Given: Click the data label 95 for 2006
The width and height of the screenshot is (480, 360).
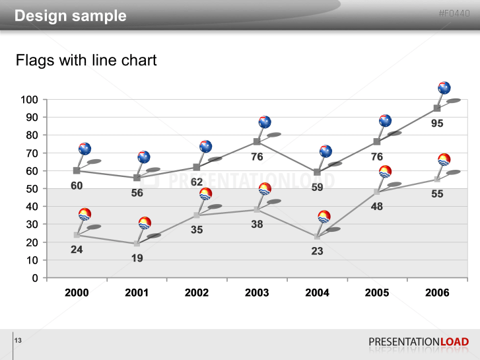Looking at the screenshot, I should (437, 124).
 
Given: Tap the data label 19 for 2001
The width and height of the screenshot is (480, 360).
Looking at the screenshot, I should (137, 258).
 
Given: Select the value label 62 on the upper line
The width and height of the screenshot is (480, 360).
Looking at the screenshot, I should (197, 182).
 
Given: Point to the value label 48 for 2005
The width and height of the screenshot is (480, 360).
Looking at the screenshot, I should (377, 207).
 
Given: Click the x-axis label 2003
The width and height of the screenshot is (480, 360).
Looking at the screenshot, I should (257, 293).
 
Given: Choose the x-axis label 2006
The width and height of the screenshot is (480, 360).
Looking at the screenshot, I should (437, 293).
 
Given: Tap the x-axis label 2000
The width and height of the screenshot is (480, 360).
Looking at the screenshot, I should (77, 293).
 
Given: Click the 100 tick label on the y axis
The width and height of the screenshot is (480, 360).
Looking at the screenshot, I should (30, 100).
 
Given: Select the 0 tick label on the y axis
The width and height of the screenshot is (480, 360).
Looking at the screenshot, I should (35, 278).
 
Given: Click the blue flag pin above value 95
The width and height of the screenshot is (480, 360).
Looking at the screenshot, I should (444, 88).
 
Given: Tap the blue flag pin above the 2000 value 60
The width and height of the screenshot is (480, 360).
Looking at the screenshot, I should (85, 149).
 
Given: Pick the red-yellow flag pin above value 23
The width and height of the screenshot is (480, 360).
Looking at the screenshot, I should (324, 216).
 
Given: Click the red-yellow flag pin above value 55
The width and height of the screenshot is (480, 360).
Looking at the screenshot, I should (444, 159).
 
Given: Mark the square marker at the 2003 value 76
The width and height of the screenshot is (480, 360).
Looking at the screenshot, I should (257, 141).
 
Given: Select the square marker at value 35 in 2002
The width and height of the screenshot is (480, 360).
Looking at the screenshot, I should (197, 215).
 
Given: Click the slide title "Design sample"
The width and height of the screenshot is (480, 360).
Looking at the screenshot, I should (71, 16).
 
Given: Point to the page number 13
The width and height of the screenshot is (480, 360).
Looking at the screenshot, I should (18, 340).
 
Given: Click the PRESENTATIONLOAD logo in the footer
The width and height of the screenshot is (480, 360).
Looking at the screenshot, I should (419, 342).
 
